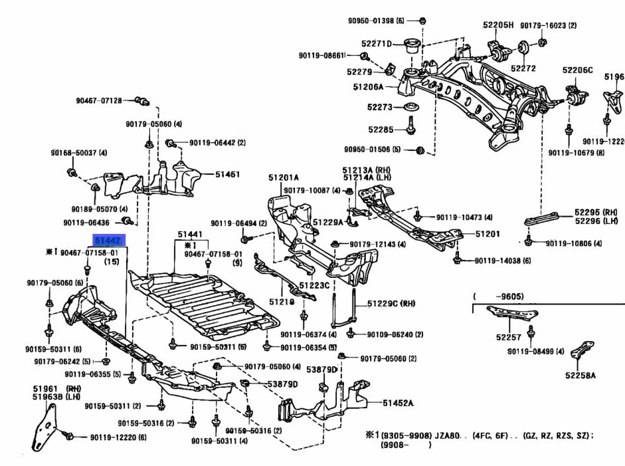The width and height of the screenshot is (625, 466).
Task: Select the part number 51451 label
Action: tap(227, 174)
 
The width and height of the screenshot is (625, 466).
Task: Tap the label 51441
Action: tap(189, 235)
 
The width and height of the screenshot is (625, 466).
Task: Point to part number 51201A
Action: tap(284, 177)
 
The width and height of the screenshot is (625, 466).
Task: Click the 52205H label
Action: tap(498, 25)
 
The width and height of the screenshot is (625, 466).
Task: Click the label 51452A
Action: tap(398, 403)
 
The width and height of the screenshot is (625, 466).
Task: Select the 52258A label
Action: tap(580, 375)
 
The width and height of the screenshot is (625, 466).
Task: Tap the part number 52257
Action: tap(507, 337)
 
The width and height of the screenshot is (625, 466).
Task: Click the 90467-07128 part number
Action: tap(98, 100)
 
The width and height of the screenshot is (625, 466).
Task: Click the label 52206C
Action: tap(577, 69)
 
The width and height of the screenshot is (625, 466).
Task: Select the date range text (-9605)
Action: tap(491, 296)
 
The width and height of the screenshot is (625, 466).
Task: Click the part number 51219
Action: tap(280, 301)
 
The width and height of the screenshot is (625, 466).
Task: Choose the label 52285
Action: tap(381, 129)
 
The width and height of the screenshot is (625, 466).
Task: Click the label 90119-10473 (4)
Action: tap(464, 217)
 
